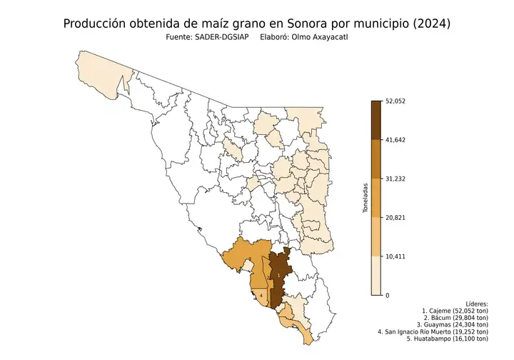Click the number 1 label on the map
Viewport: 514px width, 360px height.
278,275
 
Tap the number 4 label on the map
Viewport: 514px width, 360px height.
261,295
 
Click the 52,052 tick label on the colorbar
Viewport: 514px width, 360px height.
395,101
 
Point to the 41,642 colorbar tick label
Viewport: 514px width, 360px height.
395,140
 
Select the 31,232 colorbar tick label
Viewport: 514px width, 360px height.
395,179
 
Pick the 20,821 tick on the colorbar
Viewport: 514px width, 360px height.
395,217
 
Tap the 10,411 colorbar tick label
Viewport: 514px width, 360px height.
395,256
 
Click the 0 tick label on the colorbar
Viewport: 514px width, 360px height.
387,295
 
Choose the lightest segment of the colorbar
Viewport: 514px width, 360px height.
376,276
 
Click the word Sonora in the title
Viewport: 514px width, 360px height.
303,24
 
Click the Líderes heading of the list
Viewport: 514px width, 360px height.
476,304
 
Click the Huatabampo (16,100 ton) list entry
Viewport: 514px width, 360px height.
447,339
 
